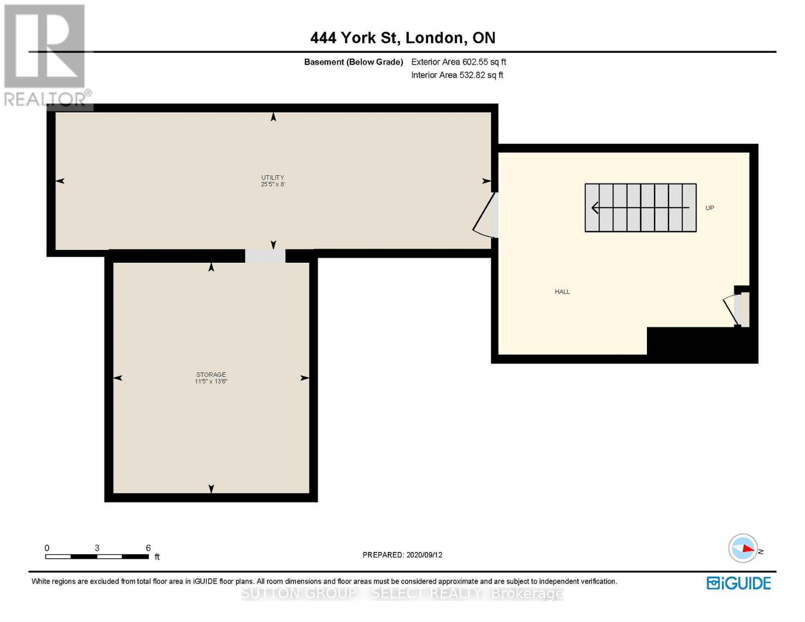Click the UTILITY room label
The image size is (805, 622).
(x=272, y=177)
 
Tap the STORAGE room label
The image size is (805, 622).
(x=211, y=375)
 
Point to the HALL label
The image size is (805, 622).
(x=562, y=291)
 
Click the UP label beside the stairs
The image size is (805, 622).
(x=710, y=208)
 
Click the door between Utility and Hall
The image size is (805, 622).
(x=485, y=215)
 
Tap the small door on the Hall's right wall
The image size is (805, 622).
(x=736, y=309)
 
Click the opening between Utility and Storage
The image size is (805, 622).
(x=265, y=256)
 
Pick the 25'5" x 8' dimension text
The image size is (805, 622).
(x=273, y=184)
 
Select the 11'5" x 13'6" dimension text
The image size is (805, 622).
(x=211, y=381)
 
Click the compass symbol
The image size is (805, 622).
(x=743, y=548)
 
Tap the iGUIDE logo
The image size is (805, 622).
(x=738, y=583)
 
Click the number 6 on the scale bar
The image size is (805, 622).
(x=148, y=547)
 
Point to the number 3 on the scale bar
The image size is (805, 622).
(x=97, y=547)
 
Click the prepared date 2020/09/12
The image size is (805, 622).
(x=424, y=555)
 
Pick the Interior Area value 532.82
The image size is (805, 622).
(x=472, y=75)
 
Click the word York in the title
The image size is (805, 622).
(x=358, y=38)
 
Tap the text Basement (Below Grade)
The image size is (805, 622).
(x=354, y=62)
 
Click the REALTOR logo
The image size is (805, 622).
(x=46, y=55)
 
